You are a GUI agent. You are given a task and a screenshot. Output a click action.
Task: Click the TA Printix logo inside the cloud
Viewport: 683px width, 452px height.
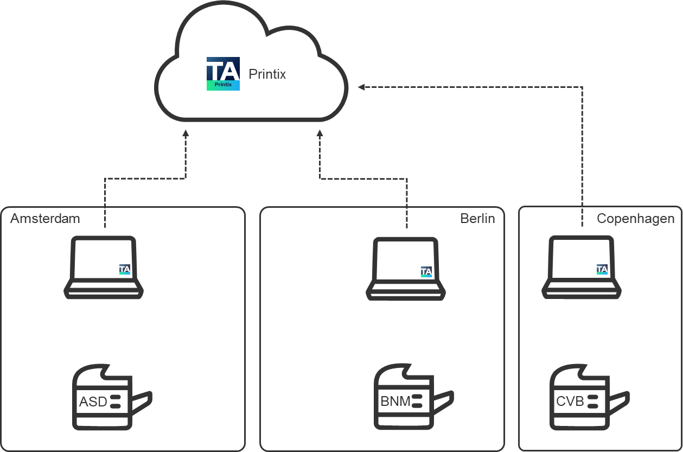223,73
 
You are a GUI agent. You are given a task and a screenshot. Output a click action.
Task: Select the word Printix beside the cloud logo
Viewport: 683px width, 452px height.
267,74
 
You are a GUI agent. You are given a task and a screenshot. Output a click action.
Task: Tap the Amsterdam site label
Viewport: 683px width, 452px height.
45,219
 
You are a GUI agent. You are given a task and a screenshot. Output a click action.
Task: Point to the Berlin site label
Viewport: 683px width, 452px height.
477,219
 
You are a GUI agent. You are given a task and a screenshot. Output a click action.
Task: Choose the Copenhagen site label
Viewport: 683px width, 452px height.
635,219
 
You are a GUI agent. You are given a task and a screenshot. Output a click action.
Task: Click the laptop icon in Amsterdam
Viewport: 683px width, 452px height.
104,268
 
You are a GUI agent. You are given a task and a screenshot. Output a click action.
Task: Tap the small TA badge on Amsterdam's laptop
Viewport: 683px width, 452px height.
125,269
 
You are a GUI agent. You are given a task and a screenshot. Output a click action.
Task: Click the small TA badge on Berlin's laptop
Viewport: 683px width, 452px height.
426,272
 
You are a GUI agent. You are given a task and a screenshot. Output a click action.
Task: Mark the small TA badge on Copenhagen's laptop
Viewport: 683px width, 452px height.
602,269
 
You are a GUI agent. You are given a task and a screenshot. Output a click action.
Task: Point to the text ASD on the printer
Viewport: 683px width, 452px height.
93,402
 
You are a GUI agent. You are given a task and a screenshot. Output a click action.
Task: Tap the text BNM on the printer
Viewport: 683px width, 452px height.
395,402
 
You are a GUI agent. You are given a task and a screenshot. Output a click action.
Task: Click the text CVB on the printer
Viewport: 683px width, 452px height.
570,402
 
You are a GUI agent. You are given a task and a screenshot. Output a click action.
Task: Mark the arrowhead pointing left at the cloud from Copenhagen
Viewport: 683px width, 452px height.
361,87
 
